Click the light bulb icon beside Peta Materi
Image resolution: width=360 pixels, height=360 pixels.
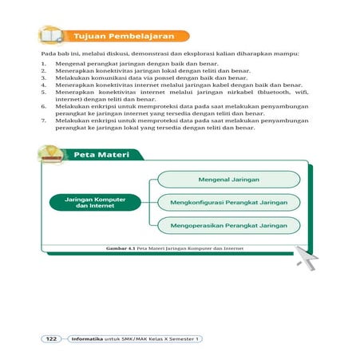click(x=53, y=152)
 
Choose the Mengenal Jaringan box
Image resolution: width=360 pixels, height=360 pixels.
click(x=224, y=180)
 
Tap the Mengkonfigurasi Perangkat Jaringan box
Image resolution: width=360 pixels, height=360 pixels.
click(x=224, y=202)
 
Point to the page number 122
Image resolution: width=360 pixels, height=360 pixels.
click(x=50, y=338)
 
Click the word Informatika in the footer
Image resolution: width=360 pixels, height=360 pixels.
click(x=87, y=338)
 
